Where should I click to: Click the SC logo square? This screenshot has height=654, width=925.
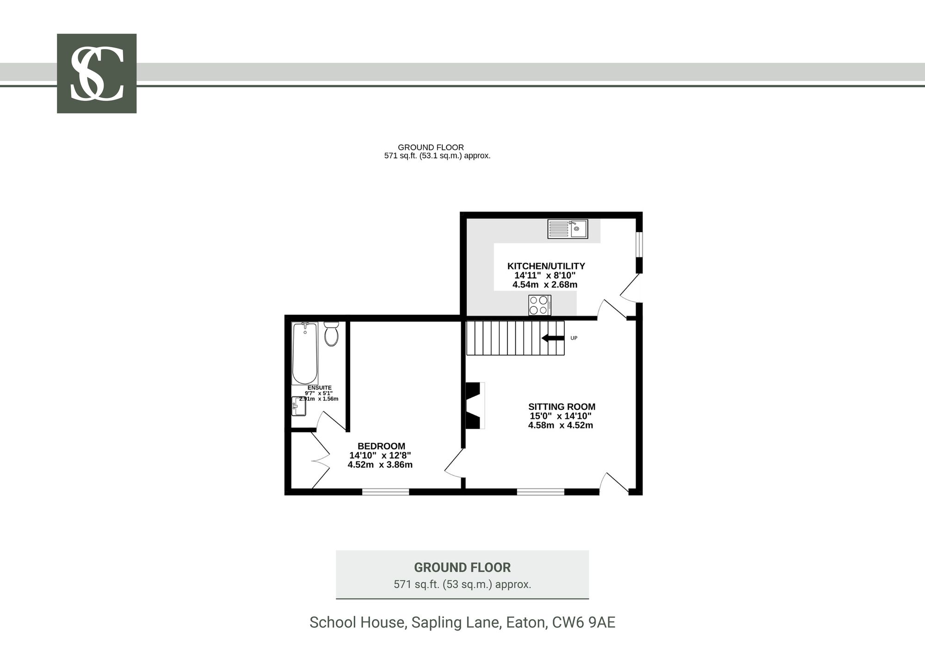point(97,74)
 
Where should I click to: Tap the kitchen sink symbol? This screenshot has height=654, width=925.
point(567,229)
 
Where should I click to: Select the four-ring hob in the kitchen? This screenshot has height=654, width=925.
point(540,305)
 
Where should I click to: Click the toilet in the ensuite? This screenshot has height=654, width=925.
point(331,334)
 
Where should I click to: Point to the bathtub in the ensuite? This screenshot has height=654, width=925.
point(305,353)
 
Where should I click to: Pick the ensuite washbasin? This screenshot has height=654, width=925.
point(299,406)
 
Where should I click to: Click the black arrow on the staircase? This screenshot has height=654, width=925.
point(553,338)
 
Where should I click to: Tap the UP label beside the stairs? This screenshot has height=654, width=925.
point(574,338)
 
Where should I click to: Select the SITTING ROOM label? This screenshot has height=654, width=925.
point(562,407)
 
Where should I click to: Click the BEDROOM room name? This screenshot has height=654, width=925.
point(382,446)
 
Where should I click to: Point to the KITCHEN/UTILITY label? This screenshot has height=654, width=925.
point(546,266)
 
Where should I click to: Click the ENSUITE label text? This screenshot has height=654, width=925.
point(320,388)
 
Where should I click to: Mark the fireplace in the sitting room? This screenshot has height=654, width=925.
point(475,405)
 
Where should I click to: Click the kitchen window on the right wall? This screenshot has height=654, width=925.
point(639,244)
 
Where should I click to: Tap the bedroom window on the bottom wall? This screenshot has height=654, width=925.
point(386,492)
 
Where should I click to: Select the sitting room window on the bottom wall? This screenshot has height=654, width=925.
point(541,492)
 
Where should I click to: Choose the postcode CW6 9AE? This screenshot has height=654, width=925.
point(584,623)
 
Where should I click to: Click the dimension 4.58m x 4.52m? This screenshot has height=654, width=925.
point(561,425)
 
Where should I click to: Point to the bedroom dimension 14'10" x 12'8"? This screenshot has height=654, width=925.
point(380,456)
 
